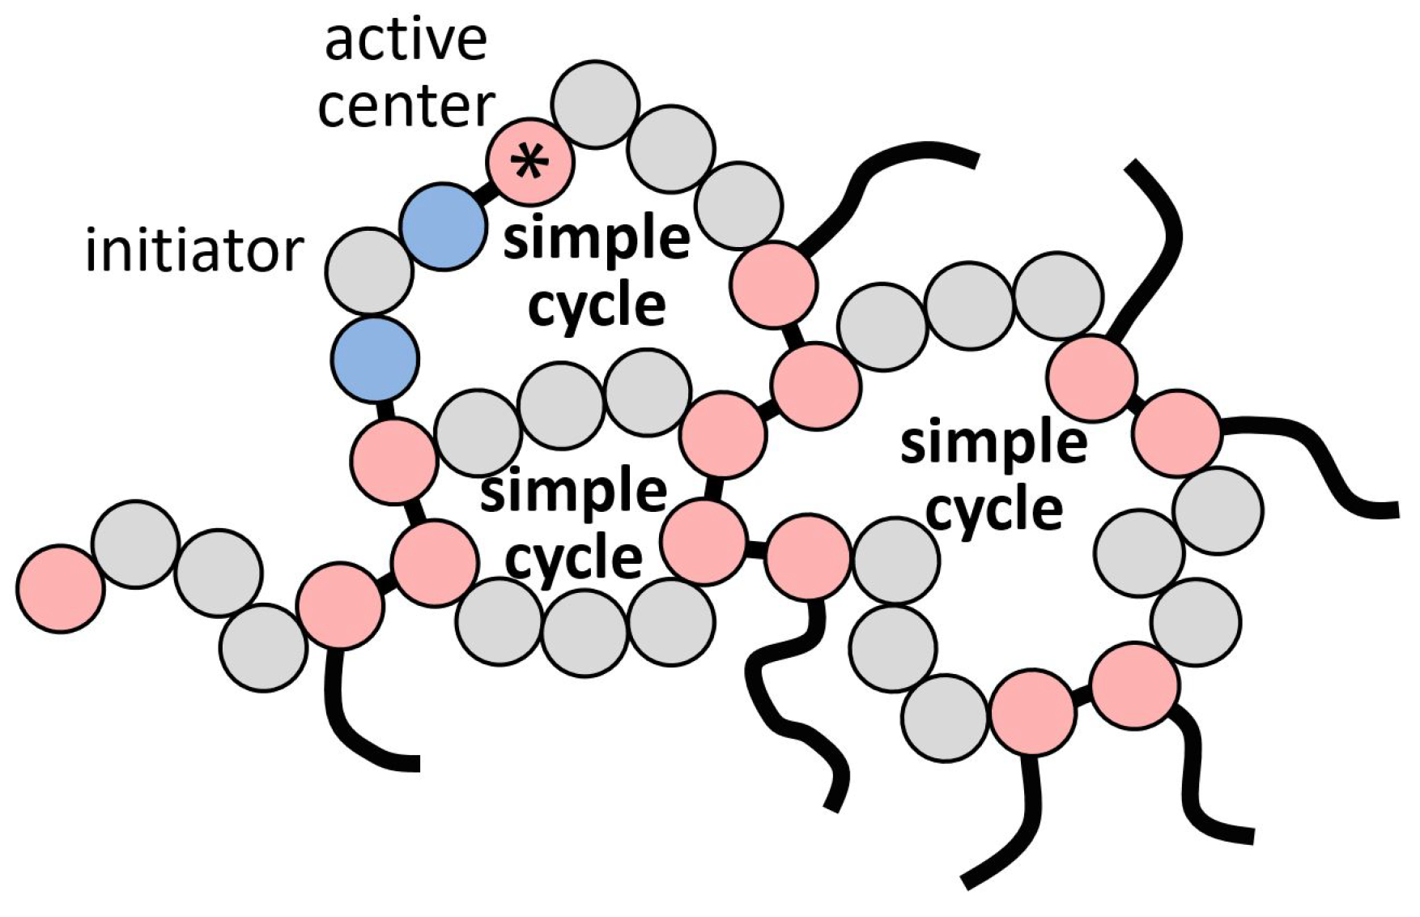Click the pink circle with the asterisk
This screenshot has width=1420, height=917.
(x=530, y=160)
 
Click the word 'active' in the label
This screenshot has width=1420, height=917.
(x=406, y=41)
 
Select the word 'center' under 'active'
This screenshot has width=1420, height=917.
(x=406, y=107)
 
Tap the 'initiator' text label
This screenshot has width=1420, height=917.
(x=193, y=250)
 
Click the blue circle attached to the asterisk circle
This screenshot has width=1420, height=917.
(x=444, y=226)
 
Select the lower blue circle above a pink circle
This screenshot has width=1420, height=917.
(x=375, y=359)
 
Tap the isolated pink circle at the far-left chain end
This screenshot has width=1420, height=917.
(x=61, y=588)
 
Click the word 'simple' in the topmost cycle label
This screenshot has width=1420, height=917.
(x=597, y=240)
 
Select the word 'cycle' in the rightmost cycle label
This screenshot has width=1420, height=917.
(x=994, y=510)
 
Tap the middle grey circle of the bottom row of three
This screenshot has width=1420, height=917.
(x=585, y=628)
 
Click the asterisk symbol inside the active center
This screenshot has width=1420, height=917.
(x=529, y=162)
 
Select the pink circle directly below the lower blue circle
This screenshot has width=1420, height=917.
(x=393, y=460)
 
